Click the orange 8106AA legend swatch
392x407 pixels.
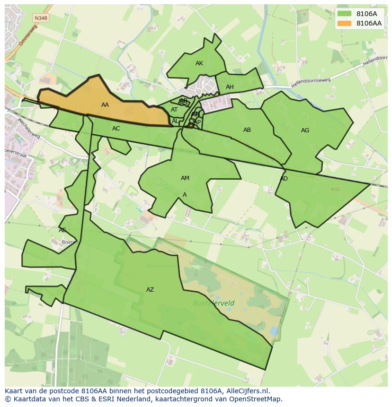click(345, 23)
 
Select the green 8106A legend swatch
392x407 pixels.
click(345, 14)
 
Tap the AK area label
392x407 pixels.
click(199, 63)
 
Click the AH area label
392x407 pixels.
click(230, 87)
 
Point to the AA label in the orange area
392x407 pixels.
click(105, 105)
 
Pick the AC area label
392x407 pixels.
click(116, 129)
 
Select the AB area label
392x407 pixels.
click(247, 130)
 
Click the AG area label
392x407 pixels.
click(305, 130)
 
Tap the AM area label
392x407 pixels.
click(185, 178)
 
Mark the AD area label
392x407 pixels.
click(284, 179)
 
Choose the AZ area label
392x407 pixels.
click(150, 290)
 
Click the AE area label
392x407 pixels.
click(62, 230)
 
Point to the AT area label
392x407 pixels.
click(174, 110)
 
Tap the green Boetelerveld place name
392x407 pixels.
click(214, 303)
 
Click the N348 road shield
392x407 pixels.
click(40, 18)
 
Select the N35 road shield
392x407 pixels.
click(335, 189)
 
